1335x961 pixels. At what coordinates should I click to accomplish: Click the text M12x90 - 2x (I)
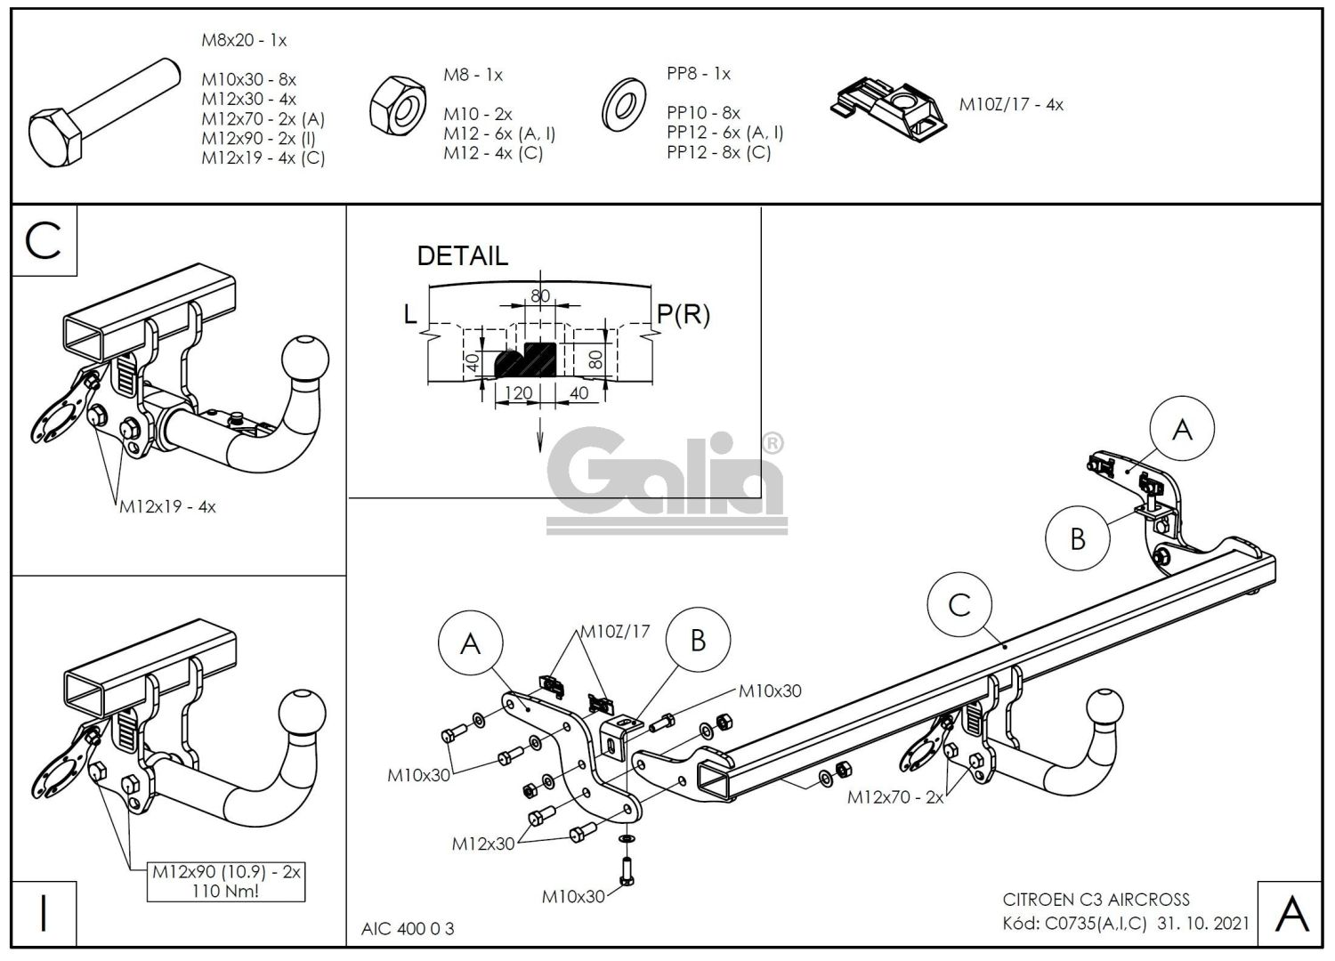[258, 138]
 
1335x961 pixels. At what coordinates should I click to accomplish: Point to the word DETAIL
[462, 256]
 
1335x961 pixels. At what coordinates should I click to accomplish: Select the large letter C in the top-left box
[44, 240]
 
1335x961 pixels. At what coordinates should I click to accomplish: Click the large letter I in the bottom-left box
[44, 913]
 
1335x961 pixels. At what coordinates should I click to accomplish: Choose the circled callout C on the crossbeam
[959, 606]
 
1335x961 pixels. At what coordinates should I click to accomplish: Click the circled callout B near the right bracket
[1078, 538]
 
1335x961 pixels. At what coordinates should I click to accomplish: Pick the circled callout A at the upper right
[1182, 430]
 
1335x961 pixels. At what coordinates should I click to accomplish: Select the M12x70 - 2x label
[894, 797]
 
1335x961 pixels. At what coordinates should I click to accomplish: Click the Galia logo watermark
[666, 480]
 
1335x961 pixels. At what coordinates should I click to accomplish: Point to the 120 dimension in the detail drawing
[518, 393]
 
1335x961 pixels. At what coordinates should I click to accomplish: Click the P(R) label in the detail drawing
[684, 314]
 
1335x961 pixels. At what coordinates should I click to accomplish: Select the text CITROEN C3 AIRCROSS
[1096, 900]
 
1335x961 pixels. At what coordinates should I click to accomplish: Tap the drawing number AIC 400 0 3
[408, 929]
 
